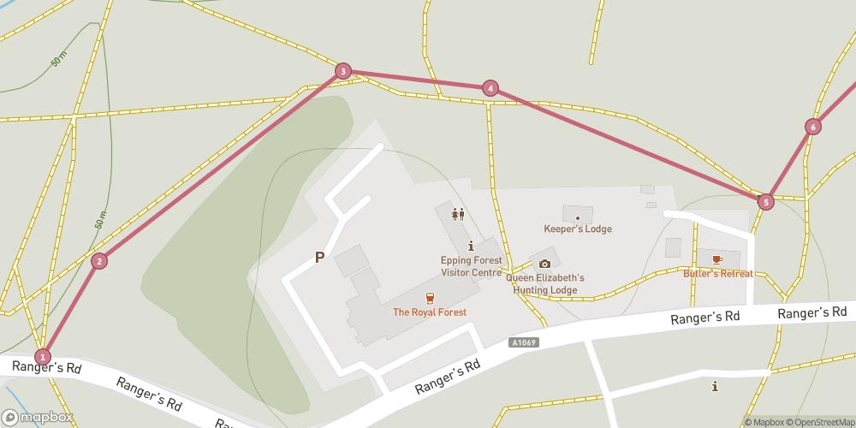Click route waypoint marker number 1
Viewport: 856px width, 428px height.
(42, 356)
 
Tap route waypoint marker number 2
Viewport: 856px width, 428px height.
(99, 261)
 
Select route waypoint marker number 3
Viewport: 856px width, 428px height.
(343, 71)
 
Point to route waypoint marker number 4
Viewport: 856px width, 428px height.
(490, 87)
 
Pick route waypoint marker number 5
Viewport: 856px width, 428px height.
(765, 202)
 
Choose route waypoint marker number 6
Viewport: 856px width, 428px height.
(812, 127)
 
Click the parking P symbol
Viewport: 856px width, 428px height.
(319, 257)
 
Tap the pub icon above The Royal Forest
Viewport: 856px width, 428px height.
(430, 298)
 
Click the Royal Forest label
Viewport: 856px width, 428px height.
(430, 312)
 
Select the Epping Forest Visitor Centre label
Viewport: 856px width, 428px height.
(471, 266)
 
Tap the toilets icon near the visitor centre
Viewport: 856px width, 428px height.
(458, 214)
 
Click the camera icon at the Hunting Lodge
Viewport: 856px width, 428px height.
(544, 264)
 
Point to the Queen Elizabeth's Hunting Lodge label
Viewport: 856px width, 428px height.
(545, 283)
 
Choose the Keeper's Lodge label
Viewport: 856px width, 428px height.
(578, 229)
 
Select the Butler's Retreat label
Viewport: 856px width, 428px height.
(717, 274)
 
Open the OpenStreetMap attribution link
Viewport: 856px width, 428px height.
(818, 422)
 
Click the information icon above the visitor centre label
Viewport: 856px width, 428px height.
(471, 247)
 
